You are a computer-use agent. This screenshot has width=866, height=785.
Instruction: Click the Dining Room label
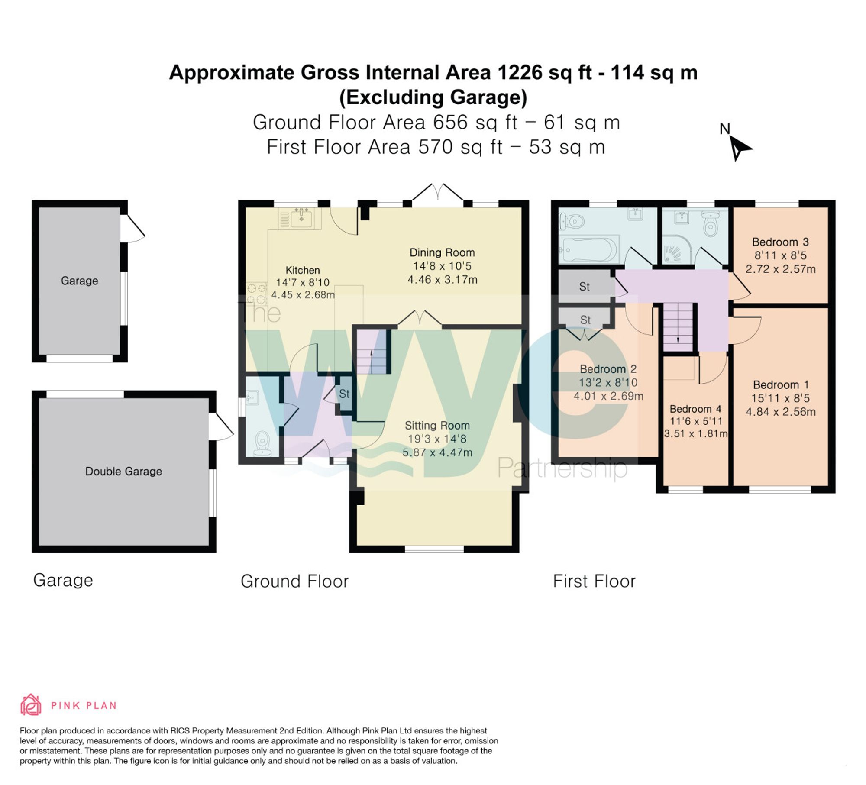tap(442, 252)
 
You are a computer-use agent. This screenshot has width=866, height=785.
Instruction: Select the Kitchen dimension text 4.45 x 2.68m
tap(303, 295)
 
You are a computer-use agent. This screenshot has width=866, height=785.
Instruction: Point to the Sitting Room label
tap(437, 426)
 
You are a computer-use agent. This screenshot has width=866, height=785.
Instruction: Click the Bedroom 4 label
tap(695, 409)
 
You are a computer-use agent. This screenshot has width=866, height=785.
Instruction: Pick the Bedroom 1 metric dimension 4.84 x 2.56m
tap(781, 412)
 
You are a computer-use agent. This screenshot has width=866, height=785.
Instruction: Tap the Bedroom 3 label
tap(780, 242)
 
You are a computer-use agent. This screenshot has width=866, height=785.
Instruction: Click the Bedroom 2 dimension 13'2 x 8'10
tap(608, 382)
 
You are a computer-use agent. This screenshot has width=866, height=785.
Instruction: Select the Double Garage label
tap(123, 471)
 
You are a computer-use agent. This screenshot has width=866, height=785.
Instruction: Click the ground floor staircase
tap(372, 351)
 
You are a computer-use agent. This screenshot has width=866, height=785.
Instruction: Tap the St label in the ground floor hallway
tap(344, 394)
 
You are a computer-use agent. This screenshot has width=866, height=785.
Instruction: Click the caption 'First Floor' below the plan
tap(594, 581)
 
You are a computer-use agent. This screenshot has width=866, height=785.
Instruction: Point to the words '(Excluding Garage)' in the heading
tap(433, 97)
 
